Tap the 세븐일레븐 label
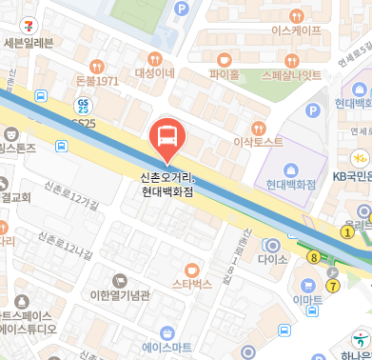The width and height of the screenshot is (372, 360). tap(29, 42)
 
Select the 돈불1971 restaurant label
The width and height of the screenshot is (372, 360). tap(96, 81)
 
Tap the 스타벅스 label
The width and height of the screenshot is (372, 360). tap(192, 284)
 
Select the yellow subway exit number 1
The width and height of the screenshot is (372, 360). tap(347, 231)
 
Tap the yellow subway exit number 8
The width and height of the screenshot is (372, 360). tap(313, 256)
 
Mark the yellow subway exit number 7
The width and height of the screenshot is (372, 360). tap(332, 285)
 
